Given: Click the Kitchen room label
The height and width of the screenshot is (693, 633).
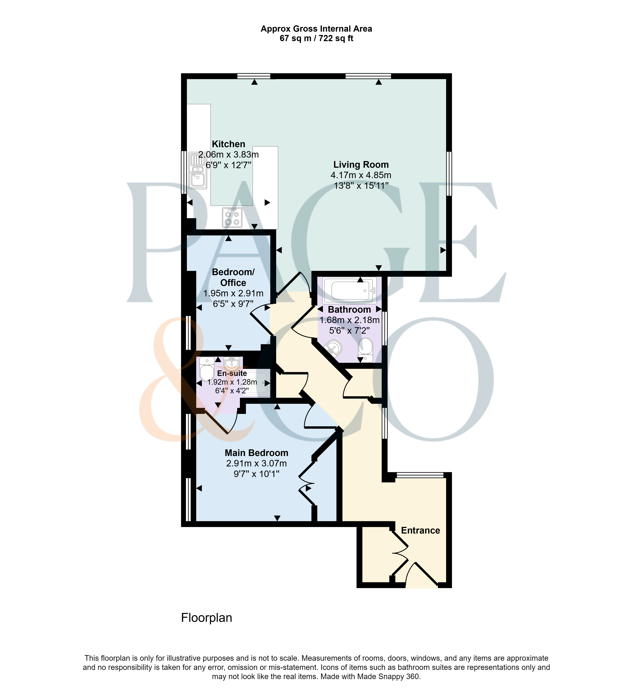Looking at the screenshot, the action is (x=228, y=144).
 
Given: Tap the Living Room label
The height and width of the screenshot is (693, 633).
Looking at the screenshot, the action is (x=361, y=165).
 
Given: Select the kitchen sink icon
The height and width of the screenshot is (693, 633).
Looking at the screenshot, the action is (x=198, y=171).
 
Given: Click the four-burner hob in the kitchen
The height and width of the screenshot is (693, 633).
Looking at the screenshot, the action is (x=232, y=217).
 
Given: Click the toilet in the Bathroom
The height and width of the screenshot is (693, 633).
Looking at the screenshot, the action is (x=365, y=350).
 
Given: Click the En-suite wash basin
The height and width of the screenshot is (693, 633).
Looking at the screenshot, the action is (x=232, y=363).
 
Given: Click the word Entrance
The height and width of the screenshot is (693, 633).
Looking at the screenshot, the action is (x=420, y=530).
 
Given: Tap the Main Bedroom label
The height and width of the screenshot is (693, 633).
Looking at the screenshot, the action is (x=257, y=453).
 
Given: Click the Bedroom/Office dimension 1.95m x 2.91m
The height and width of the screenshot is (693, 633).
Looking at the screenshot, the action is (x=233, y=293).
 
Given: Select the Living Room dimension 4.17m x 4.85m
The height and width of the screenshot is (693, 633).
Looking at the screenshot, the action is (x=361, y=175).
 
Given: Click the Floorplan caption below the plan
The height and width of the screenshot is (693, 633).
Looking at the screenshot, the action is (x=207, y=618).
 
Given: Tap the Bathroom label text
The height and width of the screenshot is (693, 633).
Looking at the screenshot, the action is (x=349, y=309).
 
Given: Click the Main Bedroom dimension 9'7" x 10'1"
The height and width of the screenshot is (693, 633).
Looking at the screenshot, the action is (x=257, y=474).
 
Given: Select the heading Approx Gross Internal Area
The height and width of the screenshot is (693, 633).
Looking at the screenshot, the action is (x=316, y=29).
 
